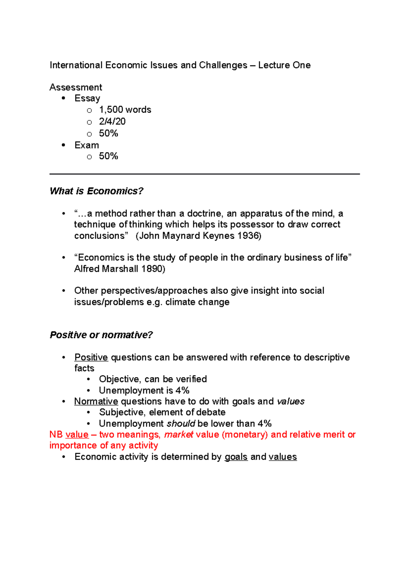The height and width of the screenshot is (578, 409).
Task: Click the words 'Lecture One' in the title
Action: point(284,65)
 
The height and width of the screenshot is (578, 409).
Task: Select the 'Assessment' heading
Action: point(76,87)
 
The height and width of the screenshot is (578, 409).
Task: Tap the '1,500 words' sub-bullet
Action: point(125,110)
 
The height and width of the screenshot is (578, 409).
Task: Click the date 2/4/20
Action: point(112,122)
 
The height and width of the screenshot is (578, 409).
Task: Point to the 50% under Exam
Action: point(108,156)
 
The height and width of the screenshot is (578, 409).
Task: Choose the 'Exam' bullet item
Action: point(87,145)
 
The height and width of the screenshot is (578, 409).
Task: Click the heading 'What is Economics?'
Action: point(96,191)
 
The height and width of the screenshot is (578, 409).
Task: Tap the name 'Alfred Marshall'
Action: point(106,269)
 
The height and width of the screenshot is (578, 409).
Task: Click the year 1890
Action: point(152,269)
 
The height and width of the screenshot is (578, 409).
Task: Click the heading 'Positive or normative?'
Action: point(101,335)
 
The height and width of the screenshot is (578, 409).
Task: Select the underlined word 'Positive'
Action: point(91,357)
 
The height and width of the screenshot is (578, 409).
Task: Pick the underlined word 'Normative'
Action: point(96,401)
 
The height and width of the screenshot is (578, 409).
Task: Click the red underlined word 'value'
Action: point(77,435)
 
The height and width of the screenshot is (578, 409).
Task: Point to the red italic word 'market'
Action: point(179,435)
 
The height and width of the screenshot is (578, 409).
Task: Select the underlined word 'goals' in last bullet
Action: point(236,457)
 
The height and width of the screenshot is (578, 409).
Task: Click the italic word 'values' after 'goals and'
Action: point(291,401)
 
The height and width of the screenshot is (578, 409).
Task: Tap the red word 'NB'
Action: point(56,435)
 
